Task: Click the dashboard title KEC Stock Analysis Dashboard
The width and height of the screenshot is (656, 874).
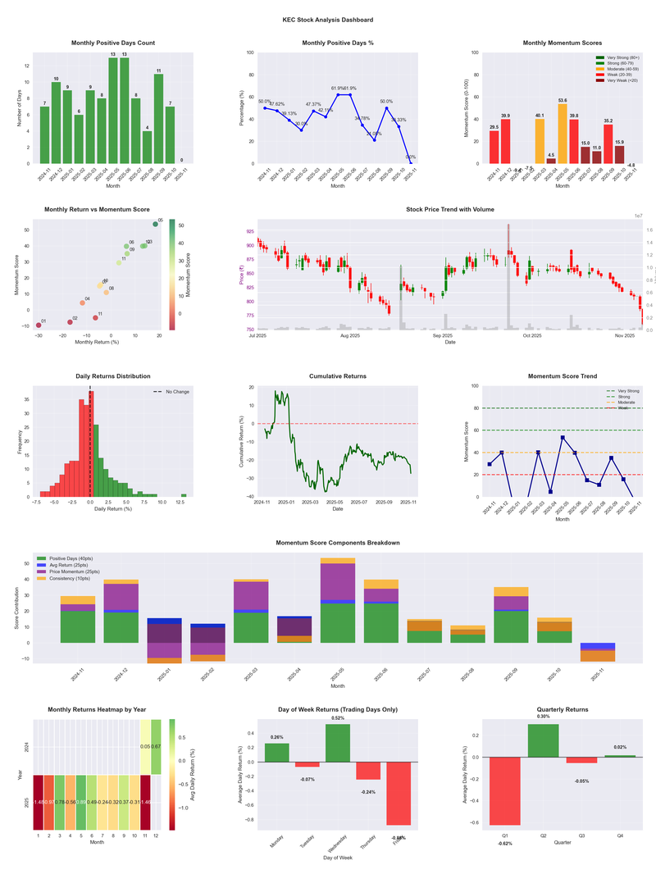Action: (327, 20)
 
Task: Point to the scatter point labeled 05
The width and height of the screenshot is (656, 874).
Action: (155, 224)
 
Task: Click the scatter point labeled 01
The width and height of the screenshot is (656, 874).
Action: (39, 325)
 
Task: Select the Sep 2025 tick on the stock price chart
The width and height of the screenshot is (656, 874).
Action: (443, 335)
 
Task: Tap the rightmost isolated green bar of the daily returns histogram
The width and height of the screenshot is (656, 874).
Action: (184, 495)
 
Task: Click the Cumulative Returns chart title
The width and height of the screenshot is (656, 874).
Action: (337, 376)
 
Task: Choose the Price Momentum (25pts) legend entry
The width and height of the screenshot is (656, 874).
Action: (75, 571)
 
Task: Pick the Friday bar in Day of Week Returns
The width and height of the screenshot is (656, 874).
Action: (399, 794)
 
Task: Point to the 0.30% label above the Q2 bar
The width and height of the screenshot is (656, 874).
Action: (544, 717)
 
